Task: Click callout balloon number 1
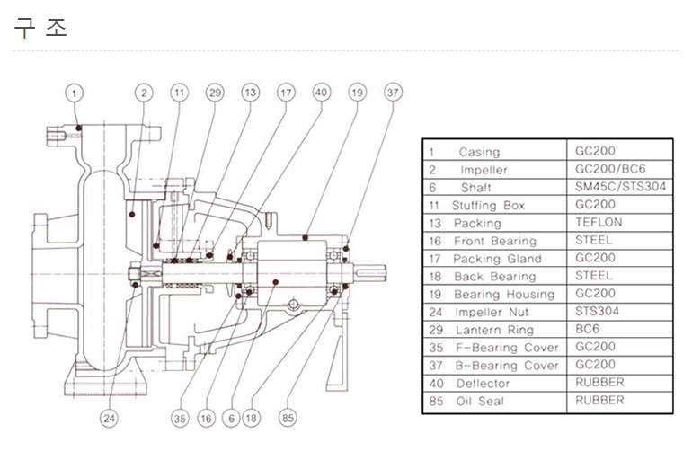click(x=75, y=93)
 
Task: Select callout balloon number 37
click(x=393, y=93)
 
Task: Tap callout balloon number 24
click(x=109, y=417)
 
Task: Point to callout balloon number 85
click(x=288, y=417)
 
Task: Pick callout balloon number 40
click(x=322, y=93)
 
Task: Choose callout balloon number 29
click(x=214, y=93)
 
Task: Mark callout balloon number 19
click(x=358, y=93)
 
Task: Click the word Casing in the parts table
click(x=479, y=152)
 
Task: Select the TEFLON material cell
click(x=599, y=222)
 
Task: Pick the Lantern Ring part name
click(x=493, y=330)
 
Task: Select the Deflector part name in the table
click(x=483, y=383)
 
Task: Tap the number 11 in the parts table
click(x=432, y=205)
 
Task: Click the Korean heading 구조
click(x=40, y=28)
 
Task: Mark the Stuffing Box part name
click(x=488, y=205)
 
